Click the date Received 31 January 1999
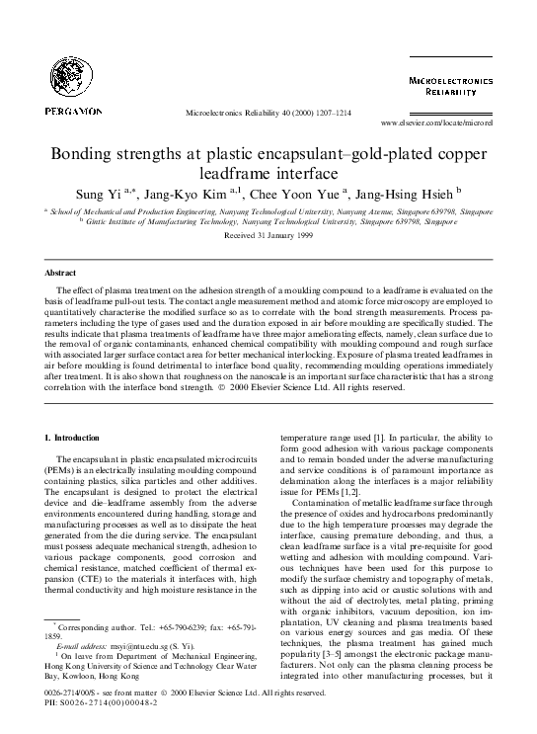pos(268,237)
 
